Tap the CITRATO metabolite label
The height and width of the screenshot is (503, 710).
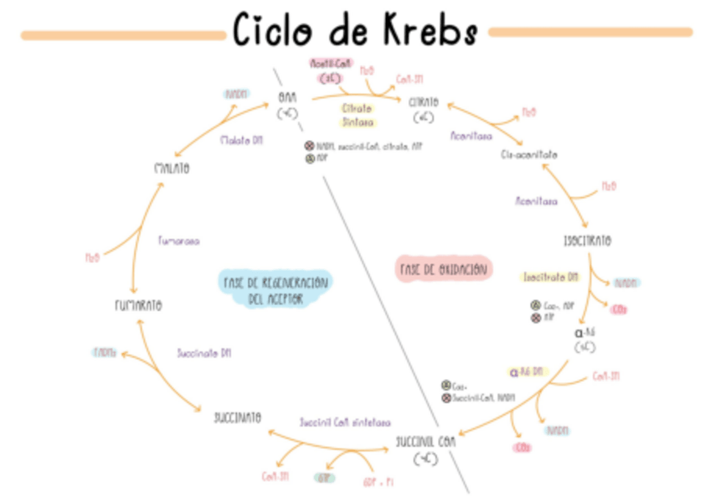(x=423, y=102)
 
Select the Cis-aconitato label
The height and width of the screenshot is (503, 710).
(x=529, y=155)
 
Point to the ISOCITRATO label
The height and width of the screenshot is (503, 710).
(x=587, y=241)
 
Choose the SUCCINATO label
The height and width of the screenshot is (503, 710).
(x=238, y=417)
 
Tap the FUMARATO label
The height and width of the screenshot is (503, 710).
(x=138, y=305)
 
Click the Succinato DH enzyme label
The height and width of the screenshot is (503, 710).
(x=203, y=354)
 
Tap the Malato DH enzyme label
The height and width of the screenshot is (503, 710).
(x=241, y=141)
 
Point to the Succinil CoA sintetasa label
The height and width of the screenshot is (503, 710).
(x=345, y=423)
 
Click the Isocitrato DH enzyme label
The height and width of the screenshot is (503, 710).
(x=550, y=277)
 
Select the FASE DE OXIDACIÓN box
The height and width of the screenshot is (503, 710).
(x=443, y=269)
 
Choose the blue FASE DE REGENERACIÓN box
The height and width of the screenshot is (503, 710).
(x=275, y=288)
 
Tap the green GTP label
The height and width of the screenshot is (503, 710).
(x=323, y=478)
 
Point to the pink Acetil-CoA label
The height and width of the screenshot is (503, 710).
(x=331, y=64)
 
